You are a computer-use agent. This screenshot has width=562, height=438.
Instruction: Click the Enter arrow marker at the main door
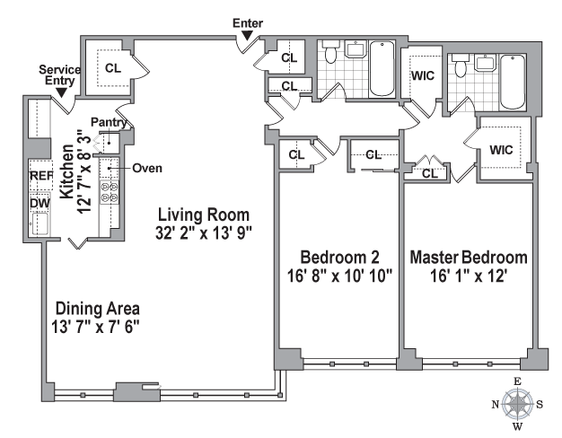[247, 36]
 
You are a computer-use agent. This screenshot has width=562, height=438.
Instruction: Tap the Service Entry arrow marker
[62, 92]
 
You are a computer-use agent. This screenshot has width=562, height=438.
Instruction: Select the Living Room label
[204, 215]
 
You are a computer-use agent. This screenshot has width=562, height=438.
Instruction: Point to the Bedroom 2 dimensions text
[339, 276]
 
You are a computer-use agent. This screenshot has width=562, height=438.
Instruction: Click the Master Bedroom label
[469, 258]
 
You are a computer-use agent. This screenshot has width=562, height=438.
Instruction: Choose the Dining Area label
[98, 309]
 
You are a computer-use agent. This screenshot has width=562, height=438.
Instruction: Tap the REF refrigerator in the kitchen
[41, 176]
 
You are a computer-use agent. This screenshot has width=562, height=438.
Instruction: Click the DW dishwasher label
[40, 203]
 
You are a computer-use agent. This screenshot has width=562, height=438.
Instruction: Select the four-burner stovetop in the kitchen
[109, 192]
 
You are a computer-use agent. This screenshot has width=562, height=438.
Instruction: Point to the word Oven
[147, 168]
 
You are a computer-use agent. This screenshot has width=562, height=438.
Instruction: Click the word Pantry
[109, 122]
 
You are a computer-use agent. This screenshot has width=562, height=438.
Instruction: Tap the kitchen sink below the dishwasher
[40, 223]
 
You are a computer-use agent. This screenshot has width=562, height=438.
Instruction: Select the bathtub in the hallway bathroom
[382, 68]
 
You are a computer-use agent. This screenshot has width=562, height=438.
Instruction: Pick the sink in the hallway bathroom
[356, 49]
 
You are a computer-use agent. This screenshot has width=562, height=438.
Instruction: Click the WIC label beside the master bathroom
[423, 75]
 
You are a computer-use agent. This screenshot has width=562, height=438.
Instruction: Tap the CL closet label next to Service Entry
[113, 67]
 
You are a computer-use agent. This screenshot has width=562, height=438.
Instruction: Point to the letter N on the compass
[495, 405]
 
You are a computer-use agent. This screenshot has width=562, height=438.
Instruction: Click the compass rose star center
[517, 404]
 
